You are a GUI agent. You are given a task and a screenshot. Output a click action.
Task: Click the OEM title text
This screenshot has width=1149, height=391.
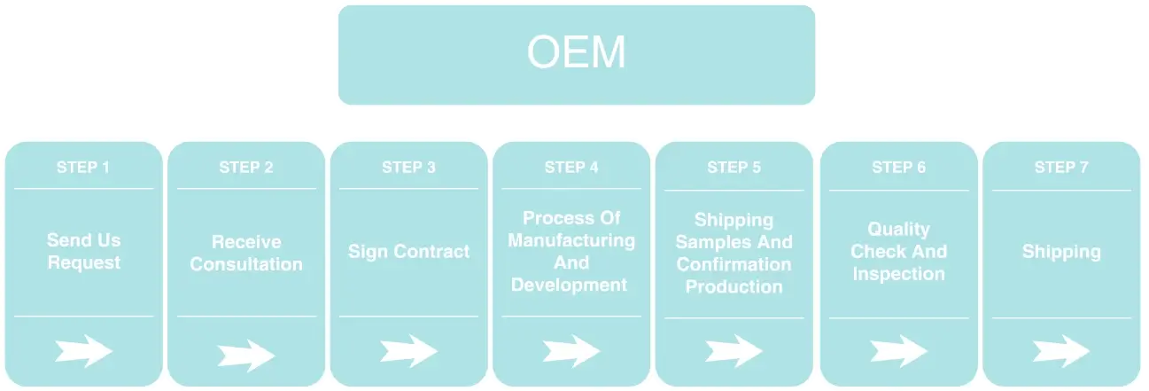click(x=577, y=51)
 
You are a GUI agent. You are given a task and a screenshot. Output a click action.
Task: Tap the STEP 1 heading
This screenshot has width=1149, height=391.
click(x=83, y=168)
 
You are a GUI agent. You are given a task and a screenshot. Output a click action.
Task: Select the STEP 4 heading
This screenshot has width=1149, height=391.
click(x=571, y=168)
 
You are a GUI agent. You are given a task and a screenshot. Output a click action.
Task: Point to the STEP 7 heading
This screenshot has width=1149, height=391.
click(x=1061, y=168)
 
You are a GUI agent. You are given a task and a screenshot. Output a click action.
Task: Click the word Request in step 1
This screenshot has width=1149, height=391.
click(x=84, y=262)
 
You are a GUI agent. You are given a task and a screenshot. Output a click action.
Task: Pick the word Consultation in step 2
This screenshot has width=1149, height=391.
click(x=246, y=264)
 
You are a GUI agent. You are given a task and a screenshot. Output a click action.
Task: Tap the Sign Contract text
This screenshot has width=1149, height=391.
click(x=408, y=252)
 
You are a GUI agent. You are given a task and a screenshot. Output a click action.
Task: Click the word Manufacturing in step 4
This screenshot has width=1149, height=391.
click(x=571, y=240)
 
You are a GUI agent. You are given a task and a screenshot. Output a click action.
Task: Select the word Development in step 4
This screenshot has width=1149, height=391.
click(x=570, y=285)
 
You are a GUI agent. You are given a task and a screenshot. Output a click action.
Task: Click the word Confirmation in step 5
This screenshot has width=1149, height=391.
click(x=734, y=264)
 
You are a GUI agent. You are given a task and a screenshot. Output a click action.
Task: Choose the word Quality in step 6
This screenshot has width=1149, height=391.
click(x=898, y=230)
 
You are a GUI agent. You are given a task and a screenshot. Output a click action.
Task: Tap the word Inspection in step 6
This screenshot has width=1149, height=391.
click(x=898, y=274)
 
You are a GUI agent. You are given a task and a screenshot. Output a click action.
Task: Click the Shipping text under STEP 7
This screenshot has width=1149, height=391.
click(x=1061, y=252)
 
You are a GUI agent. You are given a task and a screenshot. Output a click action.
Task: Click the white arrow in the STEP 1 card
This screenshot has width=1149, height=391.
click(x=83, y=351)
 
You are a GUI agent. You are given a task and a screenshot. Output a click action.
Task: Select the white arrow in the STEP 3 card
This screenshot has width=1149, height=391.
click(x=408, y=351)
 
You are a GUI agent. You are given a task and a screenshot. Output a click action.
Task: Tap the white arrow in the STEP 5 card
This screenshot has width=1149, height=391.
click(x=734, y=351)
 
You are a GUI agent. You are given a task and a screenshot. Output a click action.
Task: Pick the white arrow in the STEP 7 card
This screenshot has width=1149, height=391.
click(x=1061, y=351)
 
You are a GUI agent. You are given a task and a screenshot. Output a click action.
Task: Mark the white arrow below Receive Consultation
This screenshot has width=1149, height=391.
click(x=246, y=355)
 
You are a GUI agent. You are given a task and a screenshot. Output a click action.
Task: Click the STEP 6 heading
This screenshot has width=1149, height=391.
click(x=898, y=168)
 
